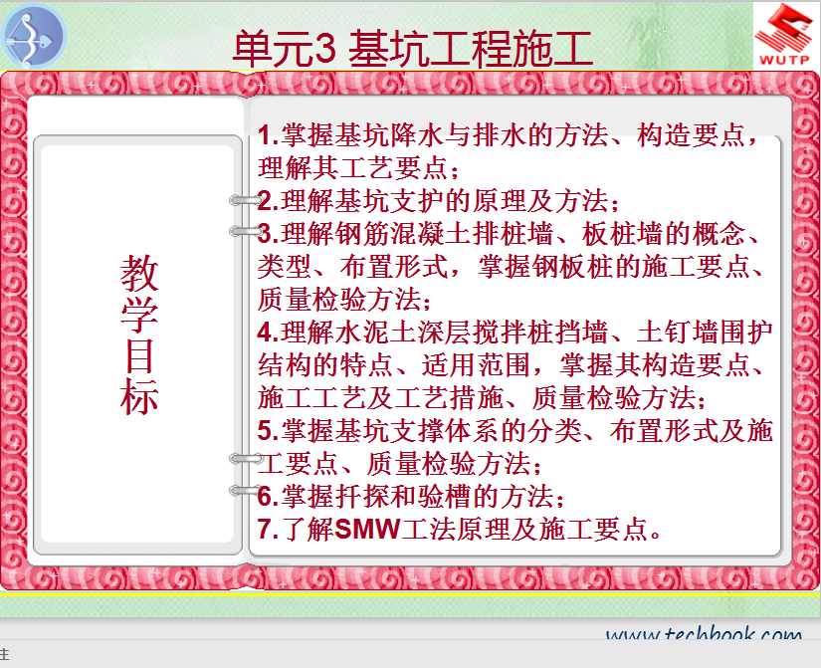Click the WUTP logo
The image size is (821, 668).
pos(783,36)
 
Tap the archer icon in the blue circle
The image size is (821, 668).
pos(33,36)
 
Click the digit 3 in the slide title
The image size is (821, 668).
pos(325,48)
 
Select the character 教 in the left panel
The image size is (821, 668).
pos(139,274)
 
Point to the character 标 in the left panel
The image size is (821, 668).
pos(139,396)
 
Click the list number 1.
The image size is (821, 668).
pos(266,135)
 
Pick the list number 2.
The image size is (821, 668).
pos(266,201)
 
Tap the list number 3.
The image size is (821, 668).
pos(266,234)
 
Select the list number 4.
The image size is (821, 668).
pos(266,333)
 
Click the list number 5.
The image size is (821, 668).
pos(266,431)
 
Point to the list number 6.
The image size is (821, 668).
pos(266,496)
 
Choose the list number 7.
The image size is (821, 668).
pos(266,530)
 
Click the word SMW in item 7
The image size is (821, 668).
pos(367,530)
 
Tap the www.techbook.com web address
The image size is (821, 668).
pos(704,634)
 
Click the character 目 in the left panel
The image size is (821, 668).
pos(139,355)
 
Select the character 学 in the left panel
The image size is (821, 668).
pos(139,315)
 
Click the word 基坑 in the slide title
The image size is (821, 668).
pos(389,48)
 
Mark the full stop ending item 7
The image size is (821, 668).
pos(655,535)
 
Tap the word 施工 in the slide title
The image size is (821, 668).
pos(552,48)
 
